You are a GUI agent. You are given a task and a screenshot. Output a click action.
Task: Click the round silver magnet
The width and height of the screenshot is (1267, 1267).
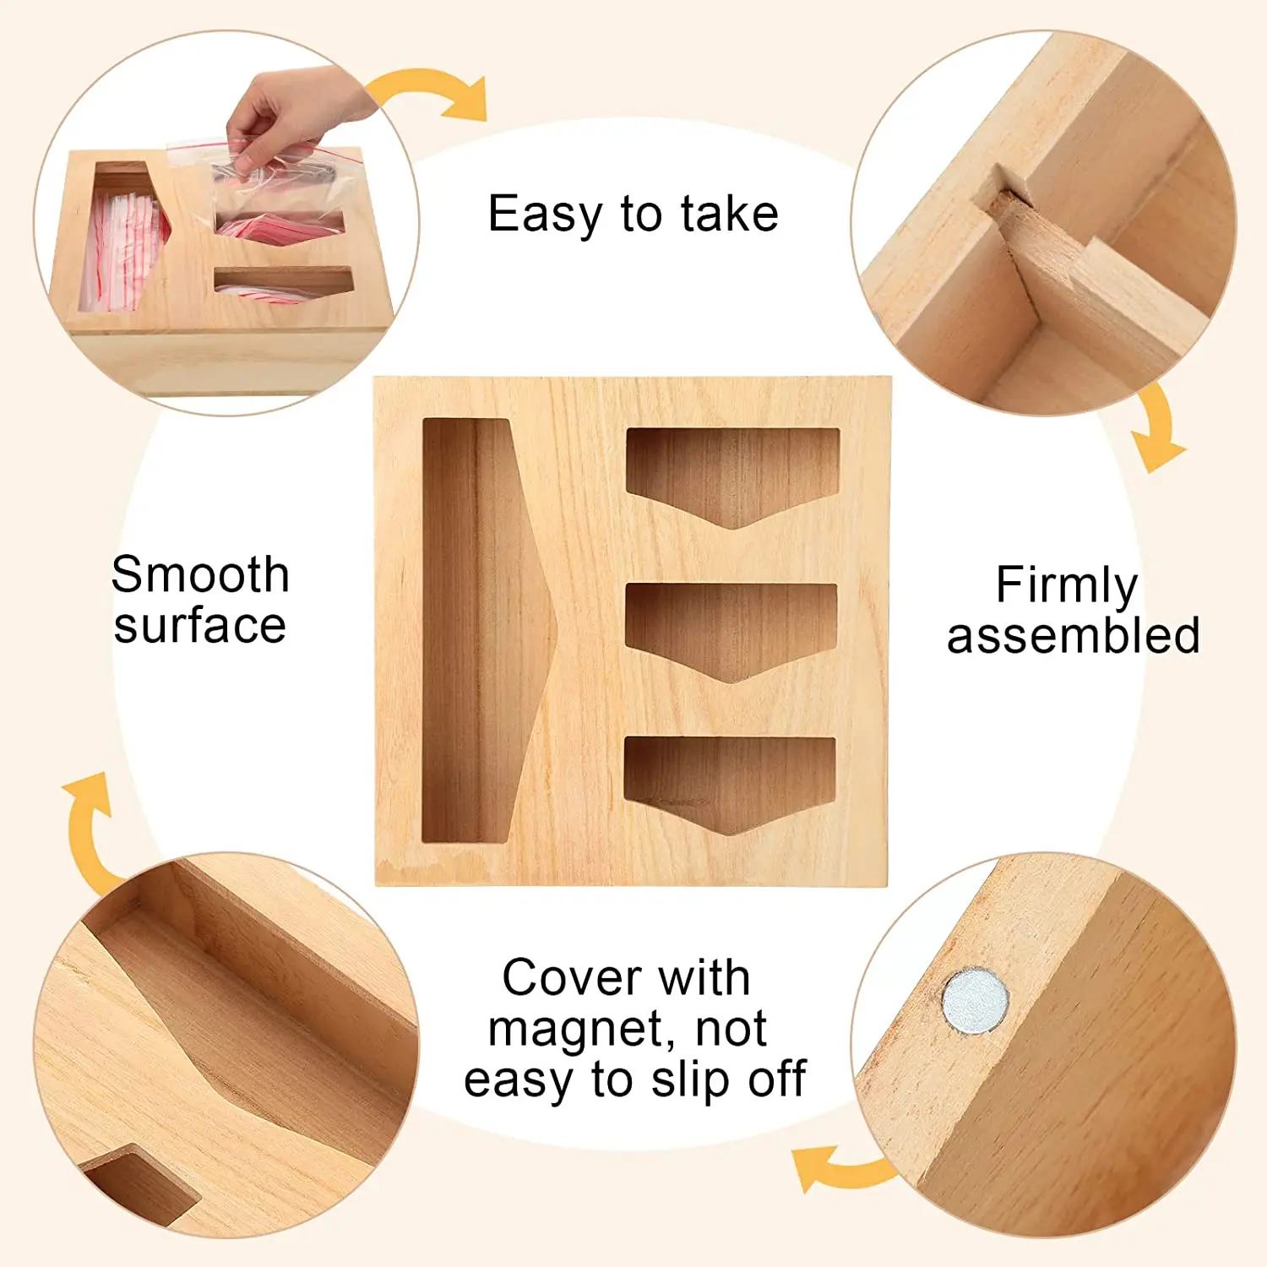976,1002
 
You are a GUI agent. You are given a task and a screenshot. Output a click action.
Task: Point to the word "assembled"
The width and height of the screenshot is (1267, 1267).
1073,635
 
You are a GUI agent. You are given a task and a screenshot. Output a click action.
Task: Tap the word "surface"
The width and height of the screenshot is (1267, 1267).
200,626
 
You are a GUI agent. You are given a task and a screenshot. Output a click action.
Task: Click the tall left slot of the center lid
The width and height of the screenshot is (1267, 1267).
486,630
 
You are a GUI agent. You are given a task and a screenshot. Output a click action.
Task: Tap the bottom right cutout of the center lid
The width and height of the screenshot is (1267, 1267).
730,784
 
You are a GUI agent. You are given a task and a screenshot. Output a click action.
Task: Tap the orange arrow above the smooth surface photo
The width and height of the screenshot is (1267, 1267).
88,832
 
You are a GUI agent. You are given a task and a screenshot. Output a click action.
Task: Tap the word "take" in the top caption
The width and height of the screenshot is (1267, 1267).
730,214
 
